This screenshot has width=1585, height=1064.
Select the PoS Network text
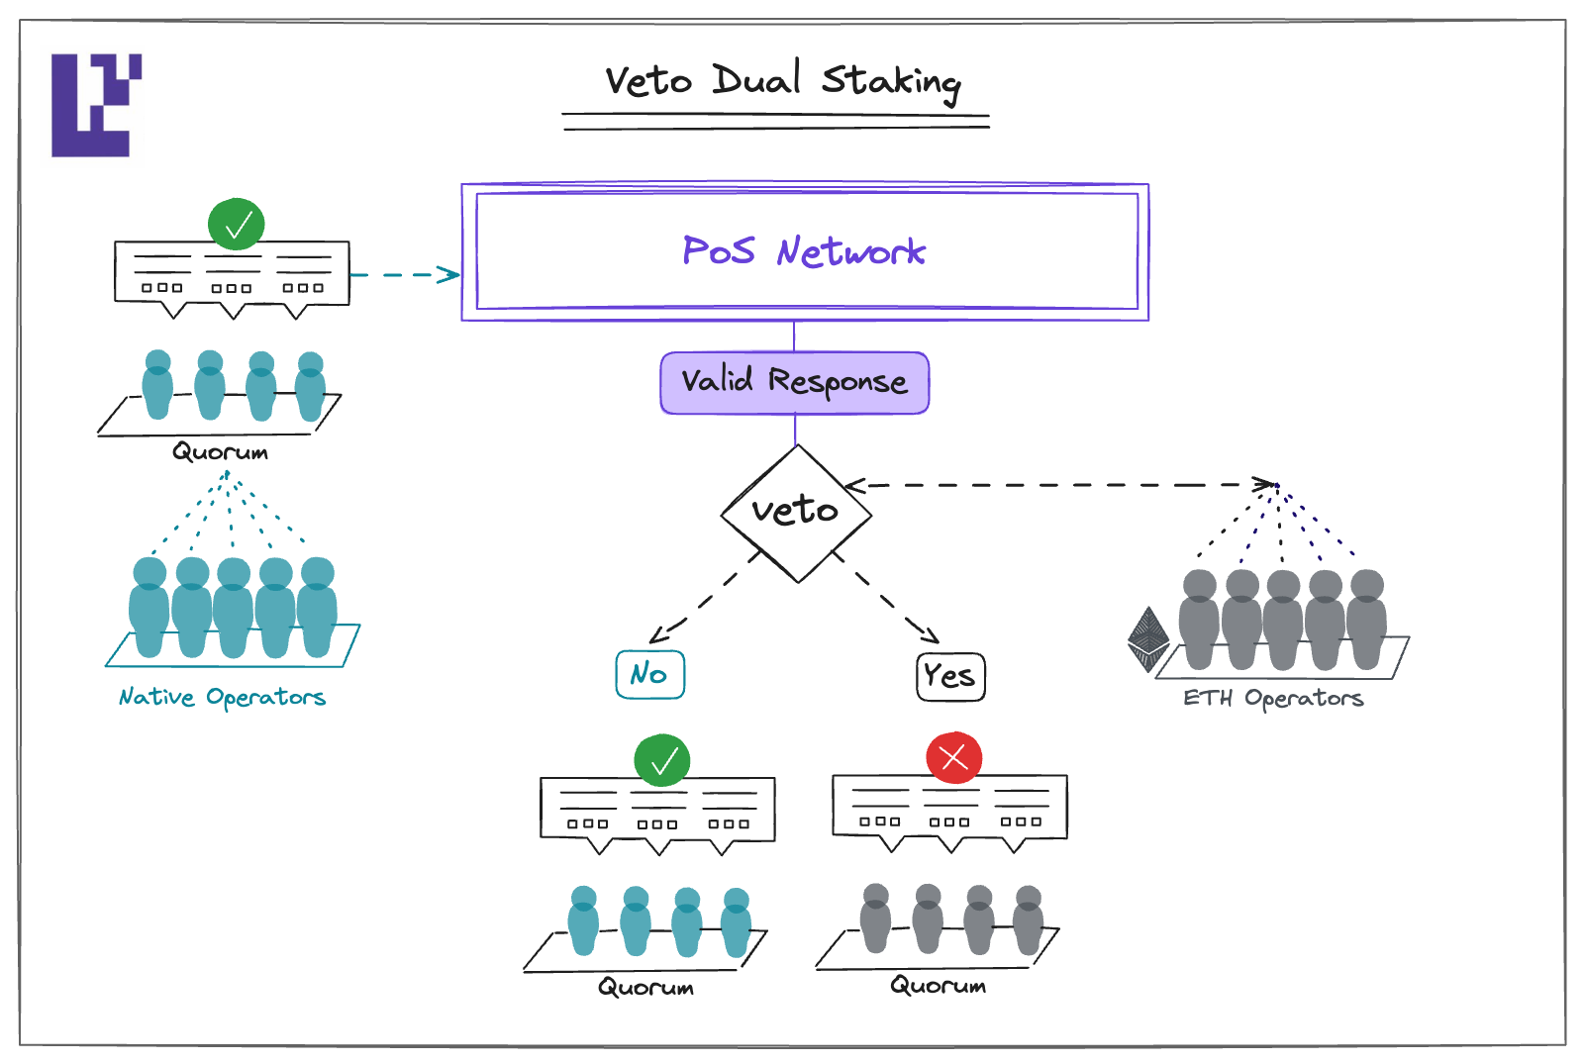pos(804,251)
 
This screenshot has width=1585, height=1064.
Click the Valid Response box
pos(794,382)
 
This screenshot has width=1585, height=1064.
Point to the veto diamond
pos(796,513)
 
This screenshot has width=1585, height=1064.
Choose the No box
pos(649,675)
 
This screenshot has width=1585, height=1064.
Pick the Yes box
pos(950,677)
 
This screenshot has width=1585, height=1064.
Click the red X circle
pos(953,758)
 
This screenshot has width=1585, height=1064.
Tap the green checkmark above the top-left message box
pos(236,225)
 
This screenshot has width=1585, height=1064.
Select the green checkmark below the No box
pos(661,760)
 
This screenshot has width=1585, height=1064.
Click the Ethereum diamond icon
pos(1148,639)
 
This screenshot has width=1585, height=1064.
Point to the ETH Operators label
pos(1273,699)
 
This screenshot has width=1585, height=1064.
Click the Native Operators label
pos(222,698)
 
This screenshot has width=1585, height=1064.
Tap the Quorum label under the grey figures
pos(938,986)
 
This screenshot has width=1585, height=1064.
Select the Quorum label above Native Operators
pos(220,452)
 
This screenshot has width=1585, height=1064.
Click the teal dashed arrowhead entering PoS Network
pos(450,274)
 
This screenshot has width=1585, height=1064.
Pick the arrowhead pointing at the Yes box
pos(929,634)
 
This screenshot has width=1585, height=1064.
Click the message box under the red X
pos(949,807)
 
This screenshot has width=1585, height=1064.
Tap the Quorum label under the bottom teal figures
pos(645,988)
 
